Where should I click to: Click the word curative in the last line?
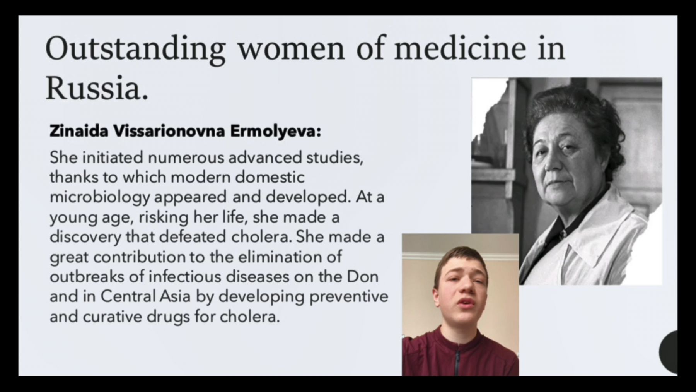(113, 317)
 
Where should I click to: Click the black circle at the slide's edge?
(669, 352)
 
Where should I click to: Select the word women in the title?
(291, 49)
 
